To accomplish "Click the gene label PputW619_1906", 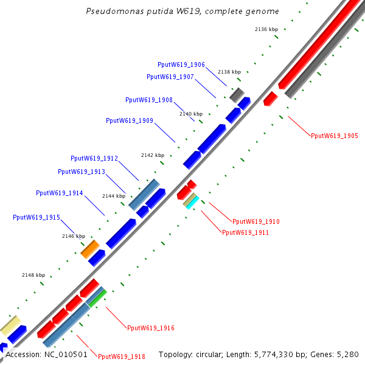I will coord(181,64).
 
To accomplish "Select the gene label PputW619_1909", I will coord(129,120).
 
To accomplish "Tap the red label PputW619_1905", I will coord(334,136).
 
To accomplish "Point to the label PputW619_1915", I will coord(36,217).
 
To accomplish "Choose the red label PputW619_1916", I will coord(150,328).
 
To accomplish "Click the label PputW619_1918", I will coord(121,357).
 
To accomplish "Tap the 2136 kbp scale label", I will coord(266,29).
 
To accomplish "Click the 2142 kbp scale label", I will coord(153,155).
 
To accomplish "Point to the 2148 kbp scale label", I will coord(33,275).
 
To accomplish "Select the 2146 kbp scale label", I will coord(74,236).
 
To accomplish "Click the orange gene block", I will coord(90,248).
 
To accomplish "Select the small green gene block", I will coord(97,297).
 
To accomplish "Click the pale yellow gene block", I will coord(10,325).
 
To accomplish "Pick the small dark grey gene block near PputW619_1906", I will coord(237,95).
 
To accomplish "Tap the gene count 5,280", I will coord(347,354).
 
